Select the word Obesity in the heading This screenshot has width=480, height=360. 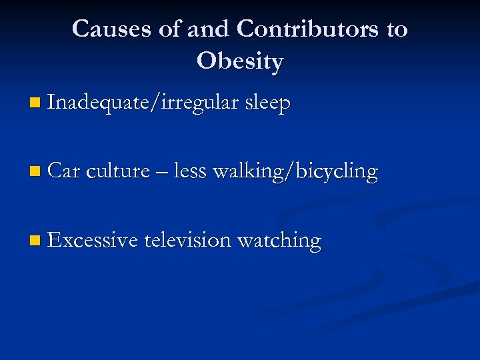[240, 61]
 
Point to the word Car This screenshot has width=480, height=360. [64, 171]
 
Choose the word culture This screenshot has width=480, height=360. [118, 171]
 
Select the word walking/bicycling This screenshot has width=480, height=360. [295, 172]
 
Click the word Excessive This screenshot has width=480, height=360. [93, 240]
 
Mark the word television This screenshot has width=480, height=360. [187, 240]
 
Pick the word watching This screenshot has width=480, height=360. [279, 241]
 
